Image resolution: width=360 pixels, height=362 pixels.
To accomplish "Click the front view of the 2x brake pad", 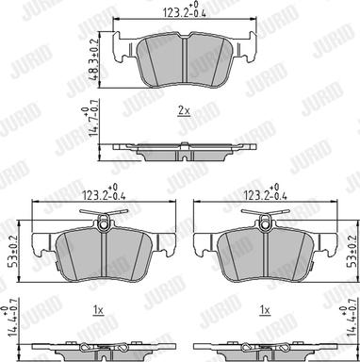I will tap(185, 58).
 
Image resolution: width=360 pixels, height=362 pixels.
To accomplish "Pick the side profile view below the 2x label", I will tap(184, 150).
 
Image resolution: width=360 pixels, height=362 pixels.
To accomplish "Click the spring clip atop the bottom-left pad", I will tap(104, 222).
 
